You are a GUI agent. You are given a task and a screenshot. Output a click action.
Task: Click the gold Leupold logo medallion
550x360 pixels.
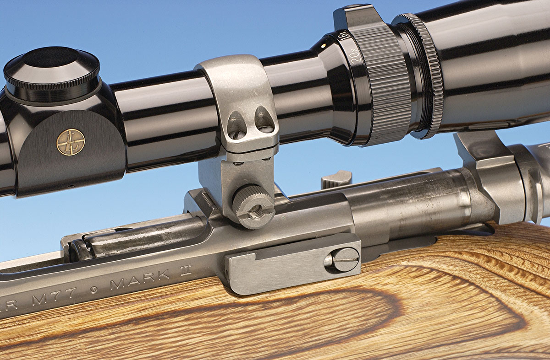coord(71,142)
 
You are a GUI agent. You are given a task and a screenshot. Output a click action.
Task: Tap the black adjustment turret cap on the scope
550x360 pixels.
coord(51,73)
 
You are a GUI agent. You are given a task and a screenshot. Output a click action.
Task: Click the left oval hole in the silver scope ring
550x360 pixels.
coord(236,125)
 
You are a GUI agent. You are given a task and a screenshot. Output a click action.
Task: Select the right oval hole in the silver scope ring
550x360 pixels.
coord(264,120)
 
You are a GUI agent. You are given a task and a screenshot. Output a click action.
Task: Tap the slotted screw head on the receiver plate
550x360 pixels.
coord(342,260)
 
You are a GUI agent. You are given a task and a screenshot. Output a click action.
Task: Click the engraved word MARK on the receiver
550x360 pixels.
coord(139,279)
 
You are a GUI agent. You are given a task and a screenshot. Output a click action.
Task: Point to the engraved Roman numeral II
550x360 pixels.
coord(185,270)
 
